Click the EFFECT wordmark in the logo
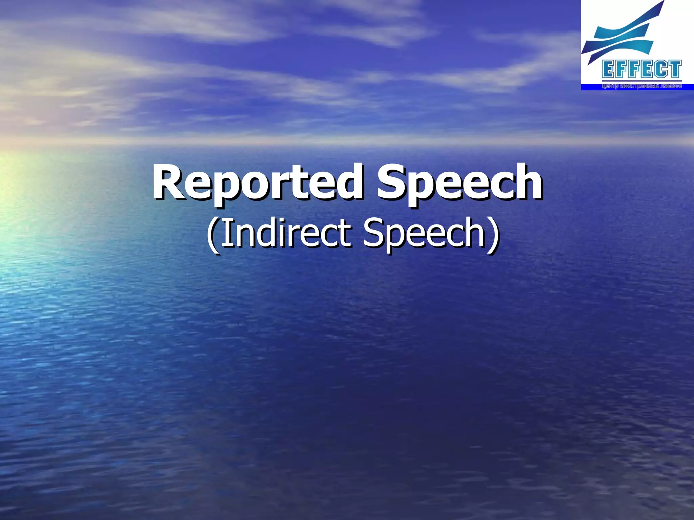642,69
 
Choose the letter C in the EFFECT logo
661,69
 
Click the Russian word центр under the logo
610,86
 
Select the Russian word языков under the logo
670,86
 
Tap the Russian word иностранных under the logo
639,86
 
